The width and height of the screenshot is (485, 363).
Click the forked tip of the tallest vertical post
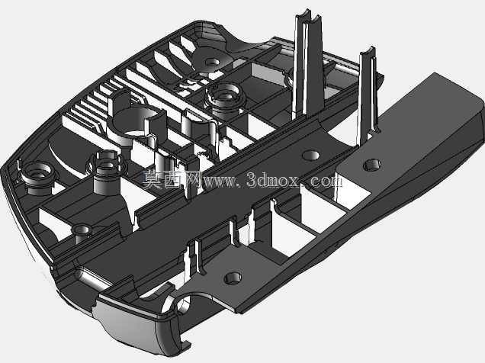pyautogui.click(x=308, y=16)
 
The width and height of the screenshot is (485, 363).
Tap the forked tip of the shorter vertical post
pyautogui.click(x=368, y=52)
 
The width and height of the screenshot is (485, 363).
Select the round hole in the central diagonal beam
pyautogui.click(x=311, y=155)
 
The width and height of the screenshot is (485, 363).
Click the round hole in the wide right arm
pyautogui.click(x=372, y=165)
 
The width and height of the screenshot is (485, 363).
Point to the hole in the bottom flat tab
pyautogui.click(x=233, y=278)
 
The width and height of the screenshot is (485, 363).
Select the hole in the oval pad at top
pyautogui.click(x=212, y=62)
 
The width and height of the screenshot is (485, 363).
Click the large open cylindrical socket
pyautogui.click(x=139, y=124)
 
